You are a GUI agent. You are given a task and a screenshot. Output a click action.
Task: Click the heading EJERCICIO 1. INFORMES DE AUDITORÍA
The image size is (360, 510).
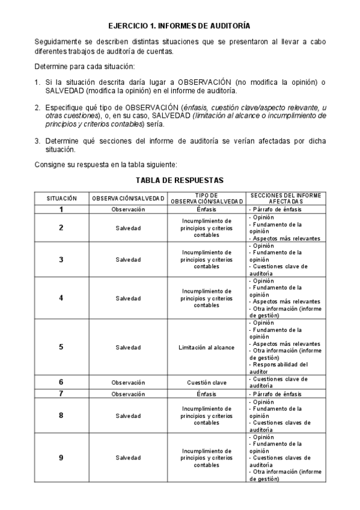tap(179, 26)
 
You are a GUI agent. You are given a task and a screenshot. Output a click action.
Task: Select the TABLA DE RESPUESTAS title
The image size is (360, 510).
tap(179, 180)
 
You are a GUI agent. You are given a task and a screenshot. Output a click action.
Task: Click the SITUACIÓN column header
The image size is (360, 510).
tap(62, 198)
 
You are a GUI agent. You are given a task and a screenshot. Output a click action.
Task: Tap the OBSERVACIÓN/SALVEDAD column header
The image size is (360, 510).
tap(128, 198)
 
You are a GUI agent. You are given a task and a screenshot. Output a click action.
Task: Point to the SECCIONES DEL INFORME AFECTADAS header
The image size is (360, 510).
tap(285, 198)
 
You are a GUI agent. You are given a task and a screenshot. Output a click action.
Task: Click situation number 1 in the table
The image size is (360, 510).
tap(61, 209)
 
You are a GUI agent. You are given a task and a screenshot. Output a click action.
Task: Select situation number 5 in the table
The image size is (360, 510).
tap(61, 347)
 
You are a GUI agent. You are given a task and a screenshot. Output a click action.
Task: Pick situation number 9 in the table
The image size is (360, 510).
tap(61, 458)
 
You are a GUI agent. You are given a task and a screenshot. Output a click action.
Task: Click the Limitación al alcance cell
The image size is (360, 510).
tap(206, 347)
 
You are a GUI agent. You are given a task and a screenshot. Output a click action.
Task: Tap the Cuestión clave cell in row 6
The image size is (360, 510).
tap(206, 382)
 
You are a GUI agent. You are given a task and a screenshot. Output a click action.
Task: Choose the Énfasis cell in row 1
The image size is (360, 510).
tap(206, 209)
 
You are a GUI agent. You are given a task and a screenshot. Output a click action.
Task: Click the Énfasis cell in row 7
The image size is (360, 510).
tap(206, 394)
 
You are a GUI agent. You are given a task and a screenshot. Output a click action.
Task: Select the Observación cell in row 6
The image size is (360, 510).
tap(128, 382)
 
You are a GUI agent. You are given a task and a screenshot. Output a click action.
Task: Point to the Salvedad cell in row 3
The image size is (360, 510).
tap(128, 259)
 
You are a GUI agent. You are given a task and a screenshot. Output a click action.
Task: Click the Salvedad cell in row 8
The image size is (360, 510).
tap(128, 416)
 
